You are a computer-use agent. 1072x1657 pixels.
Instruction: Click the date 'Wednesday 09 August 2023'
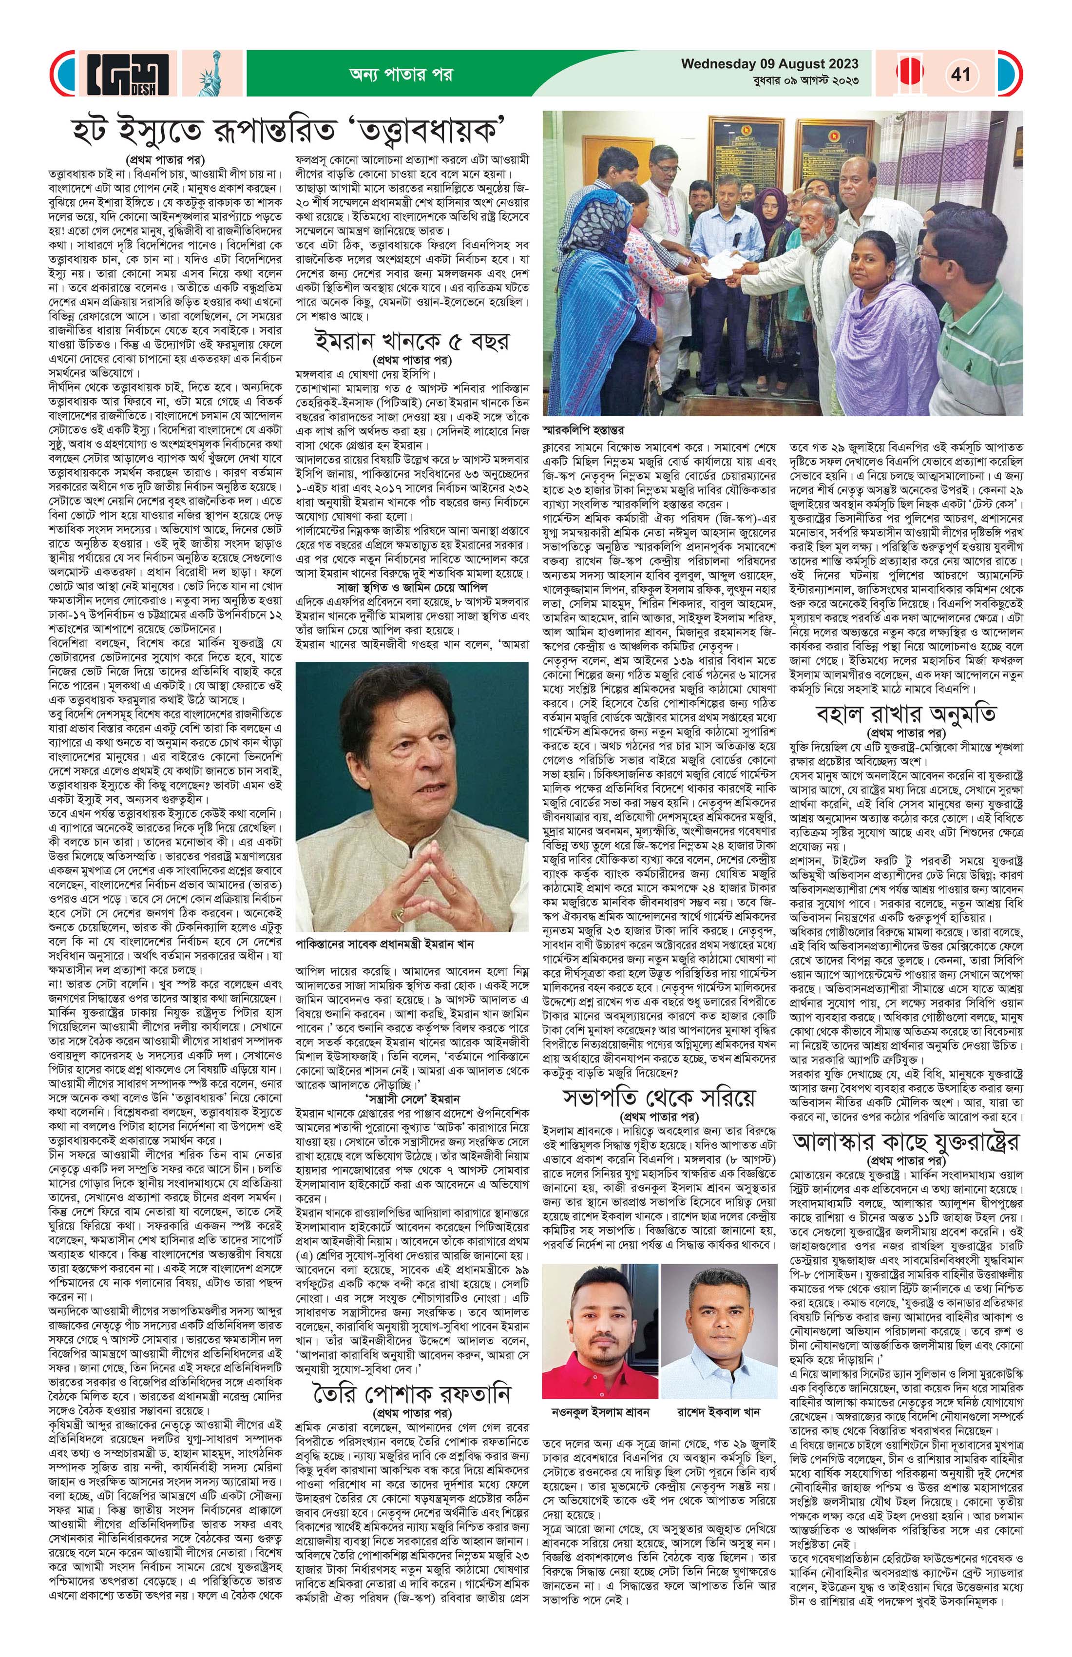(x=769, y=64)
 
